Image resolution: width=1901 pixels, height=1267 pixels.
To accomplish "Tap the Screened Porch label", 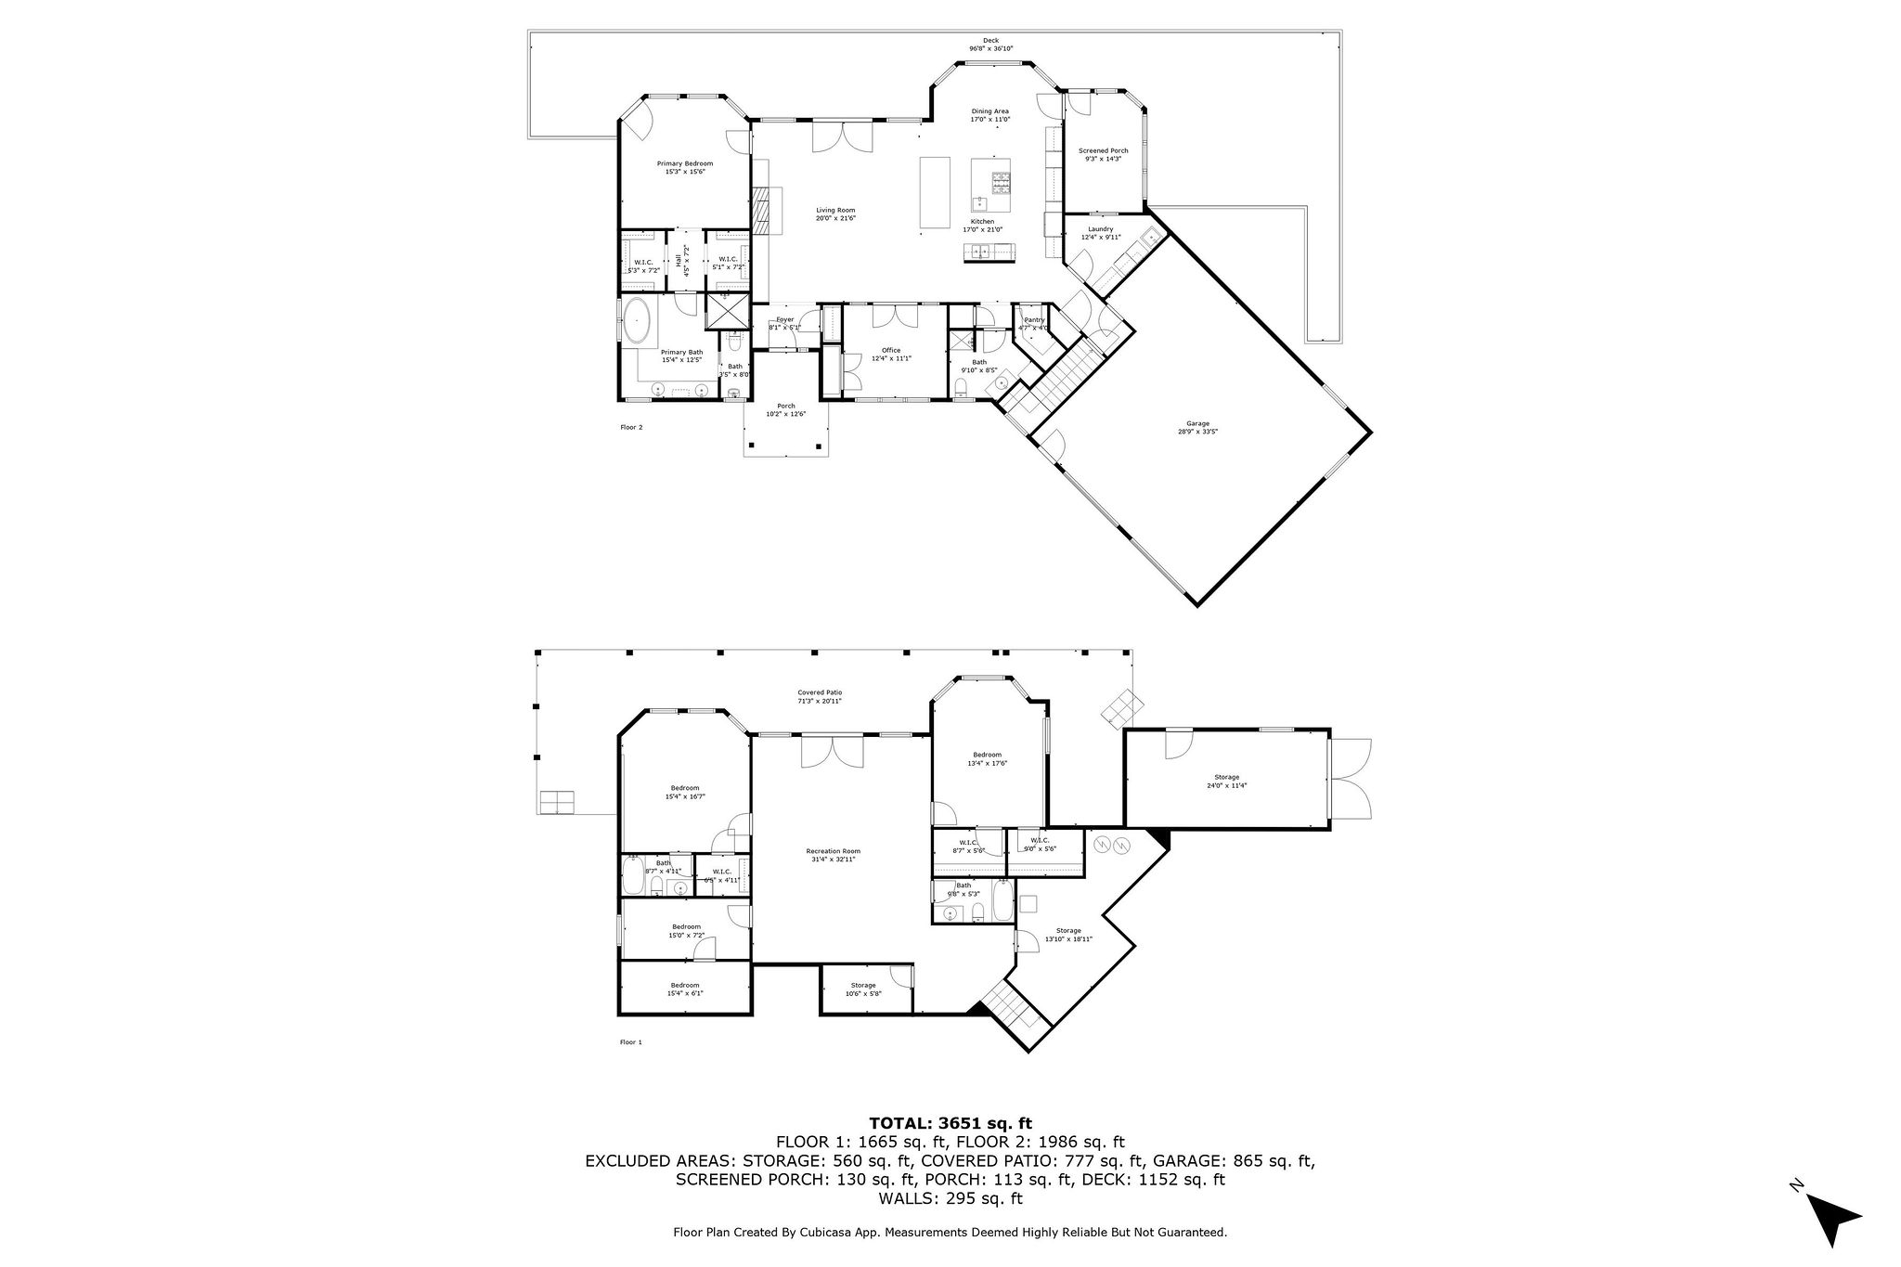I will click(x=1103, y=154).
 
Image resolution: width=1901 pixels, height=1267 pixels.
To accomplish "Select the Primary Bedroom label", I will click(x=685, y=167).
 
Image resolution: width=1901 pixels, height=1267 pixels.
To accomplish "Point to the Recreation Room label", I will click(x=833, y=855).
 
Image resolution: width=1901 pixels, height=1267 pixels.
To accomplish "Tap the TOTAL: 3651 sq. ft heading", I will click(x=950, y=1123).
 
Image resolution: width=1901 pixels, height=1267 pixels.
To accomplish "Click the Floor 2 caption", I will click(x=631, y=427).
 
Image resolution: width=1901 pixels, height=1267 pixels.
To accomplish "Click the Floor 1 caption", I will click(x=630, y=1042).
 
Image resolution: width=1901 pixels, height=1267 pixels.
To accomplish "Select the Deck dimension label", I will click(x=990, y=45).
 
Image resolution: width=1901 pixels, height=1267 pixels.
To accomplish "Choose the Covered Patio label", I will click(x=820, y=696).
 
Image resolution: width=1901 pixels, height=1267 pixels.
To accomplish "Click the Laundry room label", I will click(x=1100, y=232).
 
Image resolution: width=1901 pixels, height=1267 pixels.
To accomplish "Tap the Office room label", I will click(x=890, y=354).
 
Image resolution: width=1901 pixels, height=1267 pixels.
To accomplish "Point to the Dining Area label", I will click(x=989, y=115).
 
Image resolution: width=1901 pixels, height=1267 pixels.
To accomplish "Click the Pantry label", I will click(x=1033, y=323).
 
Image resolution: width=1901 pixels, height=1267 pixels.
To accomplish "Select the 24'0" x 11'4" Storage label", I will click(x=1226, y=781).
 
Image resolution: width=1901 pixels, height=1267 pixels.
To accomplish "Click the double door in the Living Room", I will click(x=842, y=136).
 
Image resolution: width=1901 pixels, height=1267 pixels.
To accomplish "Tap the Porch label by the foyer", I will click(x=785, y=409).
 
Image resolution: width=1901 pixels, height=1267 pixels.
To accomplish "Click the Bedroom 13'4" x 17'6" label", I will click(x=987, y=758).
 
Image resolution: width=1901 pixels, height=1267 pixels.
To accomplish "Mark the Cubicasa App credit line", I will click(x=950, y=1233).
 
